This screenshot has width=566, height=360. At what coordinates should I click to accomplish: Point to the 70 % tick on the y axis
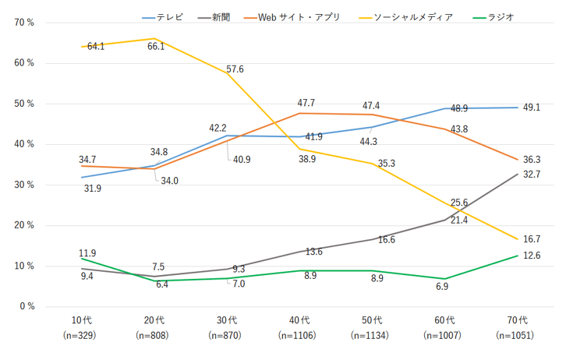[x=24, y=23]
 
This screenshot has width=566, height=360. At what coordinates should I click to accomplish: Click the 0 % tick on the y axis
[x=27, y=306]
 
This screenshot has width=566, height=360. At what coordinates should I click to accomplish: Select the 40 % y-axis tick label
[x=24, y=144]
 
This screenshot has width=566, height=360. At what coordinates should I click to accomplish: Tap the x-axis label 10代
[x=82, y=320]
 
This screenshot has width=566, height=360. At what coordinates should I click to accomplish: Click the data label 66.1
[x=157, y=47]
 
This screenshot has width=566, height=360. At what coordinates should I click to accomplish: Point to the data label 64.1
[x=97, y=47]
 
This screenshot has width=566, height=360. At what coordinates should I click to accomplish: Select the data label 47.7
[x=306, y=103]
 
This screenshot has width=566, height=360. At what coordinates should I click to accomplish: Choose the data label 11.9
[x=87, y=253]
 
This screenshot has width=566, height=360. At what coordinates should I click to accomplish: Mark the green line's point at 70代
[x=518, y=256]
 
